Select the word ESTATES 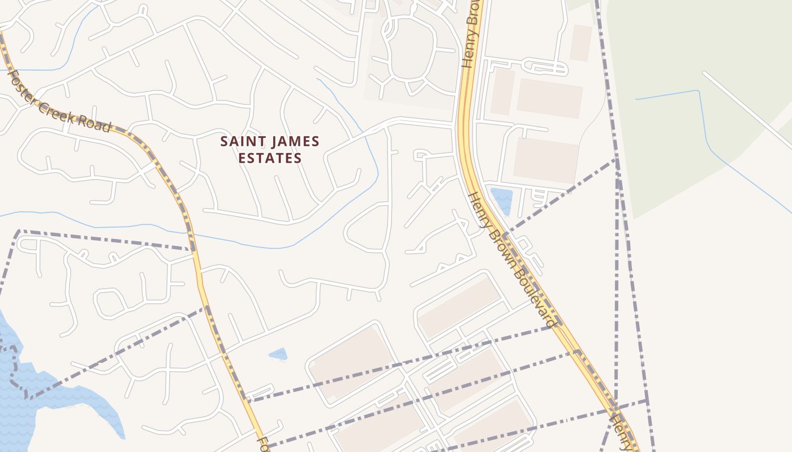coord(270,158)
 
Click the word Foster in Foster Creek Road coord(19,84)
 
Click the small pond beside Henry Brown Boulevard coord(502,199)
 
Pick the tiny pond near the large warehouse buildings coord(278,354)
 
